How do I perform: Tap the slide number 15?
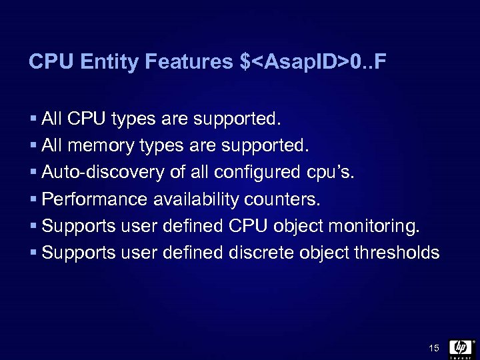pyautogui.click(x=434, y=347)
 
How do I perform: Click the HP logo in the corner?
pyautogui.click(x=461, y=347)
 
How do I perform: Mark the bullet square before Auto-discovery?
pyautogui.click(x=34, y=173)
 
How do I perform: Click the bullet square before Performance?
pyautogui.click(x=34, y=200)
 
